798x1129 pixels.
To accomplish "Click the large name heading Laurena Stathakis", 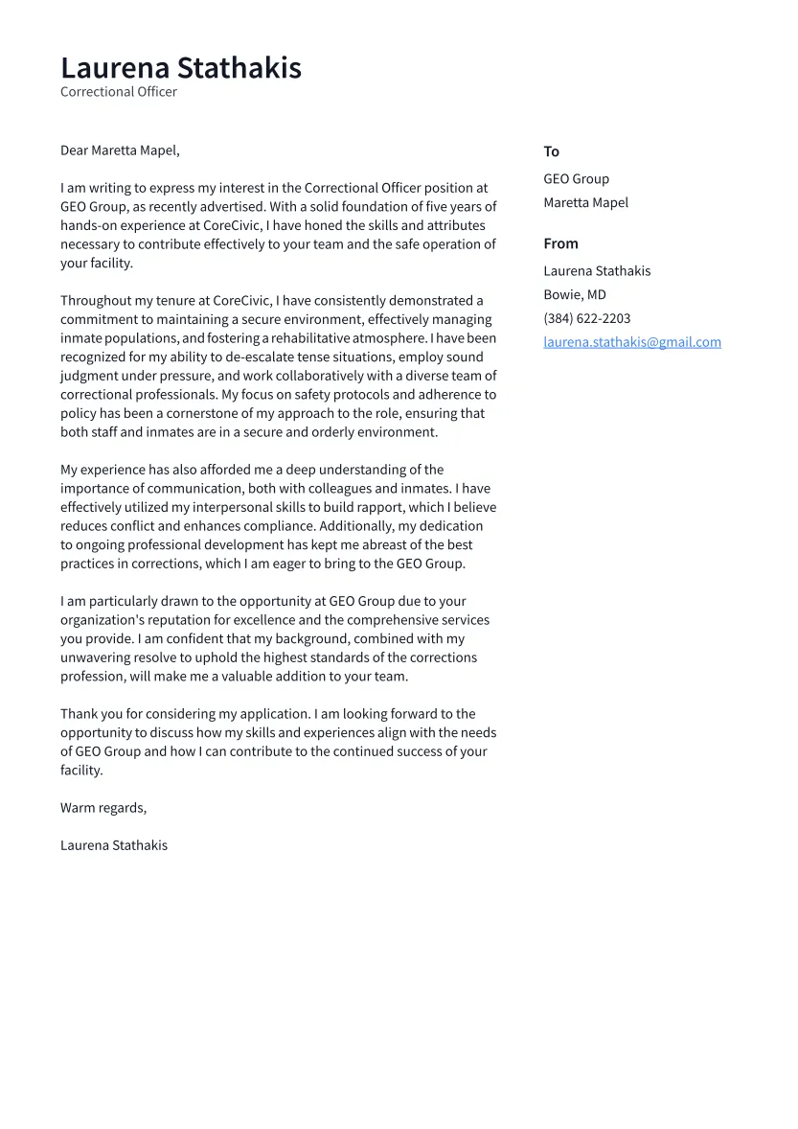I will pos(181,68).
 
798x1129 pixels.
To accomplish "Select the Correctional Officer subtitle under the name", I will pos(119,92).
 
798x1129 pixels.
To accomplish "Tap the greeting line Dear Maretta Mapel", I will pos(120,150).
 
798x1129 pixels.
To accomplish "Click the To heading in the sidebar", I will pos(551,151).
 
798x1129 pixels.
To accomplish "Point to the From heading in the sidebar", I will pos(560,243).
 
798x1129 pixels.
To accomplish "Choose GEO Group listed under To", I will pos(576,179).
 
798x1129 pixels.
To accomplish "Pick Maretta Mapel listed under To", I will pos(585,202).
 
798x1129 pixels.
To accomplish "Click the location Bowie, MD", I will pos(575,294).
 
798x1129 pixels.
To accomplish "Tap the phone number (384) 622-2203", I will pos(587,318).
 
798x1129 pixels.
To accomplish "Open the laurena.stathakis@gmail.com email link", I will pos(632,342).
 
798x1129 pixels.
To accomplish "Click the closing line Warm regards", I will pos(103,808).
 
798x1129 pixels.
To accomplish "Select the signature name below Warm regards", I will pos(114,845).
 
